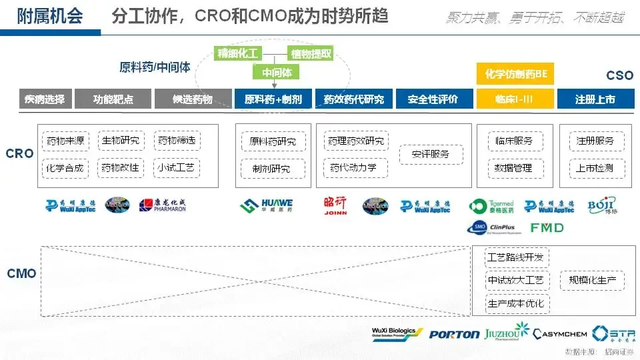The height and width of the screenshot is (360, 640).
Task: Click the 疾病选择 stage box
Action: (x=45, y=99)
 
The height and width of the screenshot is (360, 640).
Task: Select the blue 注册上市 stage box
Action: (x=595, y=99)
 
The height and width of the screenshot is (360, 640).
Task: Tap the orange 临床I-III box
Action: (x=515, y=99)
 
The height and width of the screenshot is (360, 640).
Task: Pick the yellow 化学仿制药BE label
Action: (x=515, y=73)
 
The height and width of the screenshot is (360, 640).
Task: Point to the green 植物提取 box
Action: (x=310, y=53)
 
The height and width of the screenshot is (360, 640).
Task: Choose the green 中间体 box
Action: (x=275, y=72)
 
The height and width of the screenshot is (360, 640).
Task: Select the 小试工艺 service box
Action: (x=177, y=167)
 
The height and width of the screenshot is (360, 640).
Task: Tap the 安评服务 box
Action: (x=430, y=154)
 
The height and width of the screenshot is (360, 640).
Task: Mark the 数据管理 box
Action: (x=513, y=167)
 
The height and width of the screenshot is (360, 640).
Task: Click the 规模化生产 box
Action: (x=592, y=280)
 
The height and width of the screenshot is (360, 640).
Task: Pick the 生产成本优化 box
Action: (x=517, y=303)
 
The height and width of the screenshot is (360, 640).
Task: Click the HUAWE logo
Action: (x=266, y=205)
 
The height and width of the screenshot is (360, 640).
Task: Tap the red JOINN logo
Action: (x=335, y=205)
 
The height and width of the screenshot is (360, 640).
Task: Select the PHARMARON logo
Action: (x=163, y=205)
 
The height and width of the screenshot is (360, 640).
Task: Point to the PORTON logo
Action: (x=454, y=334)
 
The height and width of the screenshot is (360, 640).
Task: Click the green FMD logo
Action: (x=547, y=228)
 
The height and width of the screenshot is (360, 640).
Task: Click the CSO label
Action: (x=619, y=76)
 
